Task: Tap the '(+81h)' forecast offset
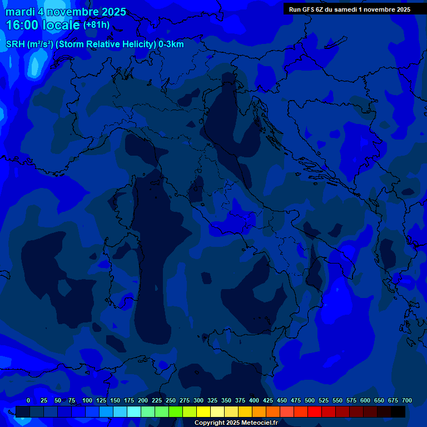[96, 25]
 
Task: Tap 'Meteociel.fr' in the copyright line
[258, 423]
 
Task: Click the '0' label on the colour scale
[28, 400]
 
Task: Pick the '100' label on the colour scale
[87, 400]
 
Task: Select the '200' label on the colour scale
[143, 400]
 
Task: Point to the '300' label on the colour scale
[198, 400]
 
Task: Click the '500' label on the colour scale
[310, 400]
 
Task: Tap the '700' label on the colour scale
[407, 400]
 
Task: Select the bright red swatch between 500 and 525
[314, 411]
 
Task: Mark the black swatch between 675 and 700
[398, 411]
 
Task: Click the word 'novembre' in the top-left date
[72, 12]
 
